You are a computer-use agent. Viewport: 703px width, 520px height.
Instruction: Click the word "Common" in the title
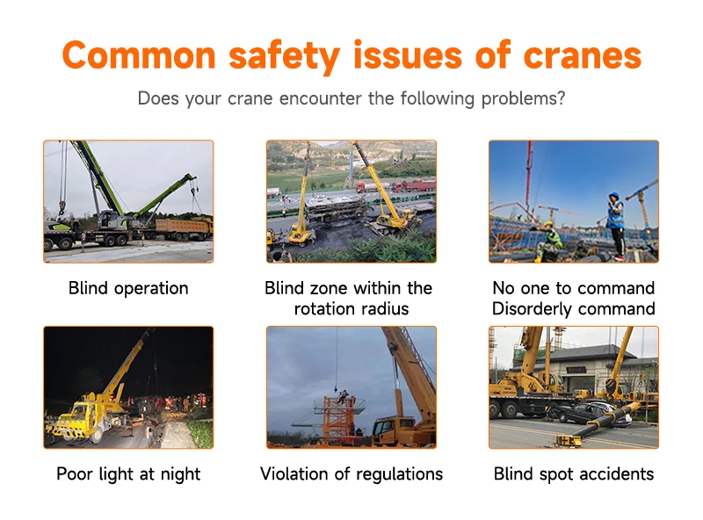coord(138,55)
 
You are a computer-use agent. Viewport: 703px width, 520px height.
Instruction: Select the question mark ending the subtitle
coord(561,98)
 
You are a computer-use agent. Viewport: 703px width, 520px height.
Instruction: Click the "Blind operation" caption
coord(128,288)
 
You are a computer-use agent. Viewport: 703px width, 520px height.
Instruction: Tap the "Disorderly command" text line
coord(573,309)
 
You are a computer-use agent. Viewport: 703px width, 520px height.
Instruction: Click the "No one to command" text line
coord(573,288)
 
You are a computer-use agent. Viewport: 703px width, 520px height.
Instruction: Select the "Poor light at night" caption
coord(128,474)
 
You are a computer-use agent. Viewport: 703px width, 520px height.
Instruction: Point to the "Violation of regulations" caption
coord(351,474)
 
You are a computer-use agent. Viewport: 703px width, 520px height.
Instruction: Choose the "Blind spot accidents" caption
coord(573,474)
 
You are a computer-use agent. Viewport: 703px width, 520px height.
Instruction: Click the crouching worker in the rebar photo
coord(550,242)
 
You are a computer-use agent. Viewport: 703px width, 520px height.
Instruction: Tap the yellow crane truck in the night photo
coord(88,413)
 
